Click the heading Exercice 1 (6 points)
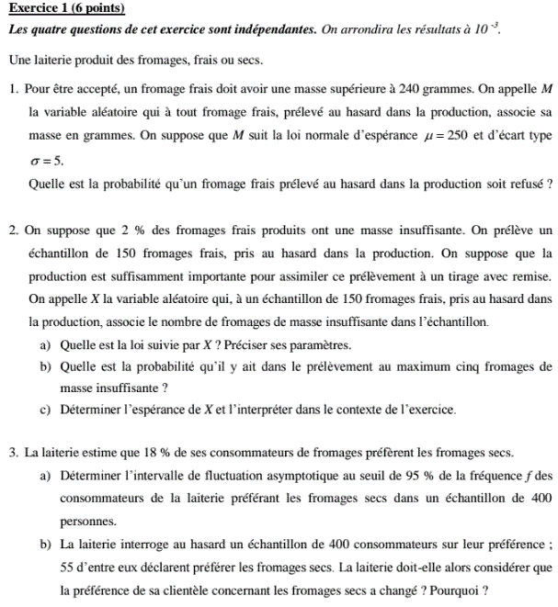tap(65, 9)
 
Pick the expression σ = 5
tap(47, 159)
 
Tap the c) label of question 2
tap(45, 410)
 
